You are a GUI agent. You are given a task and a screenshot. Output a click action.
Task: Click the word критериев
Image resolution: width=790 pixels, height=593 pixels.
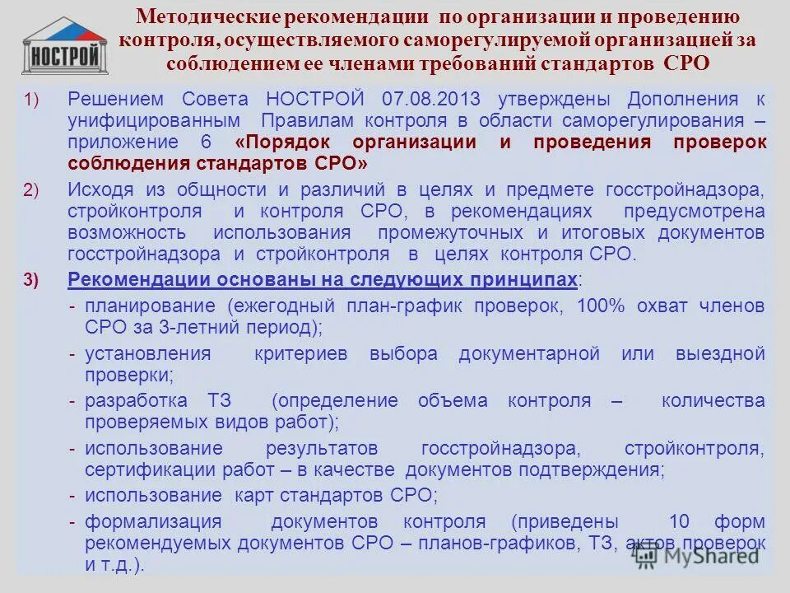[x=301, y=354]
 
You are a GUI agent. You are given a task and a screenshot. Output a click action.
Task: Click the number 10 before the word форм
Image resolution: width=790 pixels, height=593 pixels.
[x=678, y=521]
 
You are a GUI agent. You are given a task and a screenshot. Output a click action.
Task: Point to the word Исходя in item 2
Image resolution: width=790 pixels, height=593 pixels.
[x=97, y=190]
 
